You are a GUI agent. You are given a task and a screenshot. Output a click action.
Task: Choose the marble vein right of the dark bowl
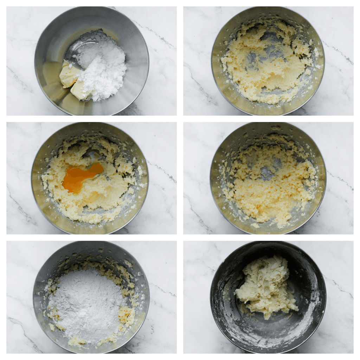point(339,288)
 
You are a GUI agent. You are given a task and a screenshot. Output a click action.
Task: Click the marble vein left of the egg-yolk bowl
point(21,207)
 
